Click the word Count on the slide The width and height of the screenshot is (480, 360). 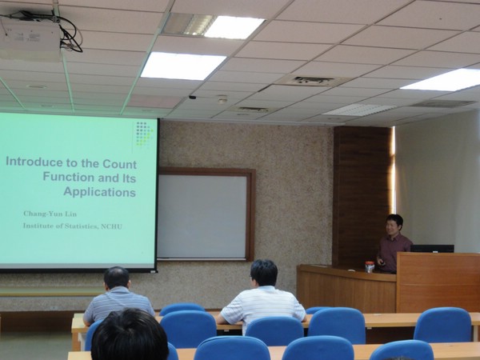coord(120,164)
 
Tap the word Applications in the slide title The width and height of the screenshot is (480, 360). coord(100,192)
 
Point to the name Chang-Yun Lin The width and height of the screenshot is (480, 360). coord(50,214)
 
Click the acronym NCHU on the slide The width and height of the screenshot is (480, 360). coord(111,226)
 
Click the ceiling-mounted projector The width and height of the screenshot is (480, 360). coord(30,38)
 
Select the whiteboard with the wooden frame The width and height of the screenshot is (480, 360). coord(206,214)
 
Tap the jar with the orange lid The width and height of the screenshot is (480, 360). coord(370,267)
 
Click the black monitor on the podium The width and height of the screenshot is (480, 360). coord(432,249)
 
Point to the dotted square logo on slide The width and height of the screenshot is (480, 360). coord(144,134)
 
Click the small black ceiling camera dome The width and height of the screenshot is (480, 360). coord(192,98)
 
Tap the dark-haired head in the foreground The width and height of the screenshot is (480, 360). coord(130,335)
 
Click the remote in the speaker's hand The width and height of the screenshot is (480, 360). coord(382,262)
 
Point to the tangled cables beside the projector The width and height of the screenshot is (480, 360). coord(67,32)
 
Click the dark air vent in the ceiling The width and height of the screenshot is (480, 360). coord(313,81)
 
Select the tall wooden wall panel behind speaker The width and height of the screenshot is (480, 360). coord(362,196)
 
